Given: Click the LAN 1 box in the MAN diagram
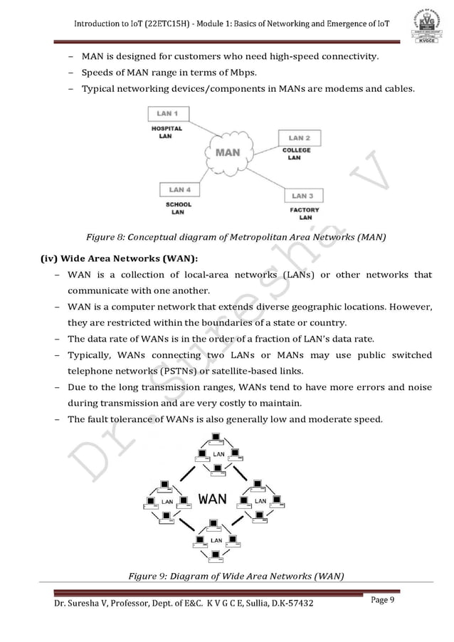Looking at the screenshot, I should click(168, 113).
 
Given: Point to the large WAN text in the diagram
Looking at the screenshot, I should click(213, 498).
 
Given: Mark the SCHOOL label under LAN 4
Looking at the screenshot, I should click(179, 205).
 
